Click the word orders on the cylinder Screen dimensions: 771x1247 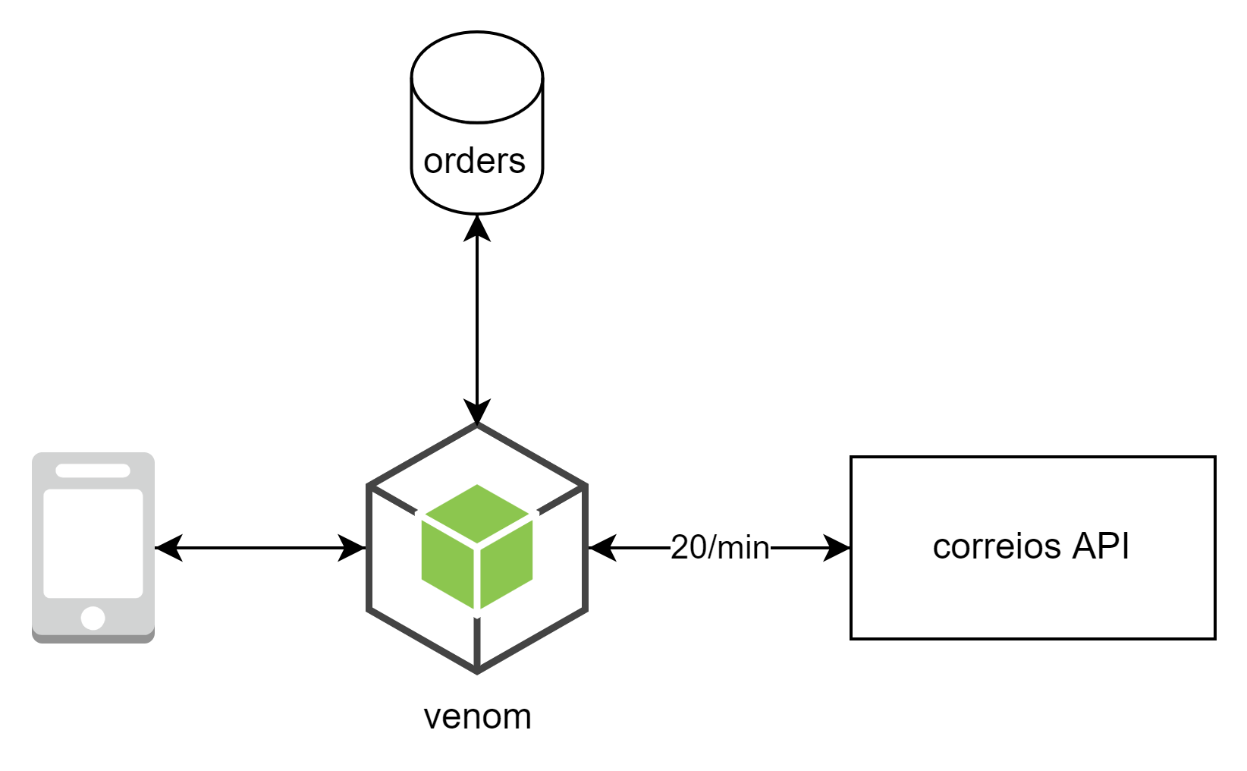(x=474, y=161)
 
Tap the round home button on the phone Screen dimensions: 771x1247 (x=93, y=618)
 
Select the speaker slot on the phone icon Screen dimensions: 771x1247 (x=93, y=470)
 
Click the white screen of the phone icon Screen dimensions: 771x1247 (x=93, y=543)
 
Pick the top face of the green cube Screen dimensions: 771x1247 (x=477, y=513)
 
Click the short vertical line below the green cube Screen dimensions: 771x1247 (x=477, y=641)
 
